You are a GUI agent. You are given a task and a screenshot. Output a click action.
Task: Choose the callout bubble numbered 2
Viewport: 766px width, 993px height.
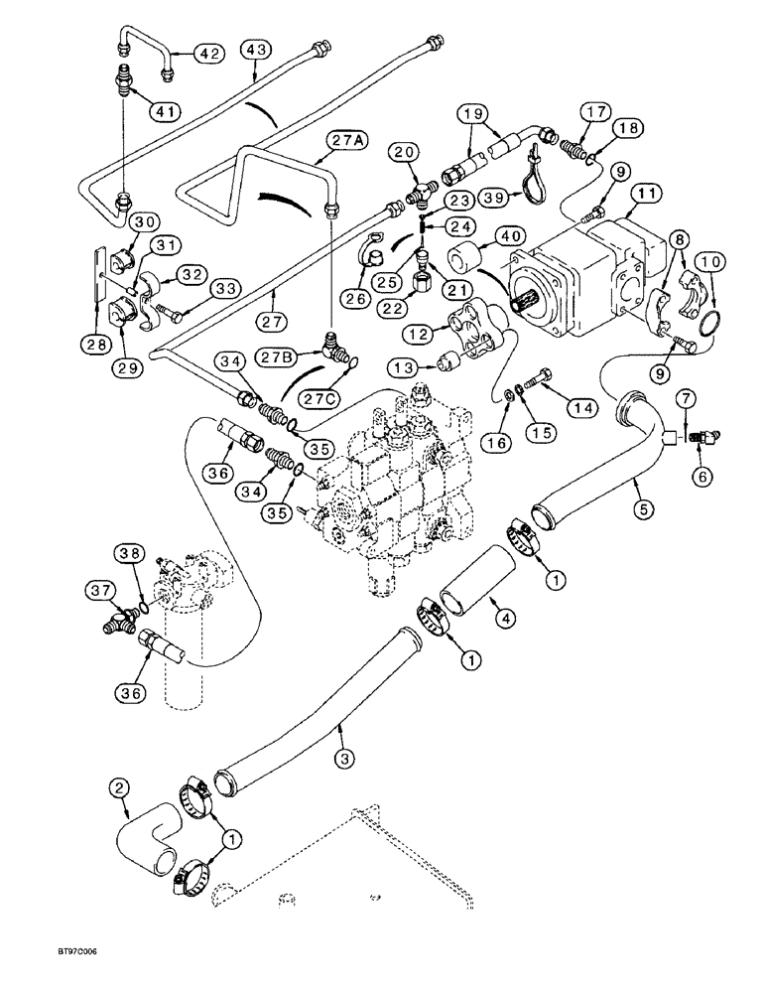(120, 790)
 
